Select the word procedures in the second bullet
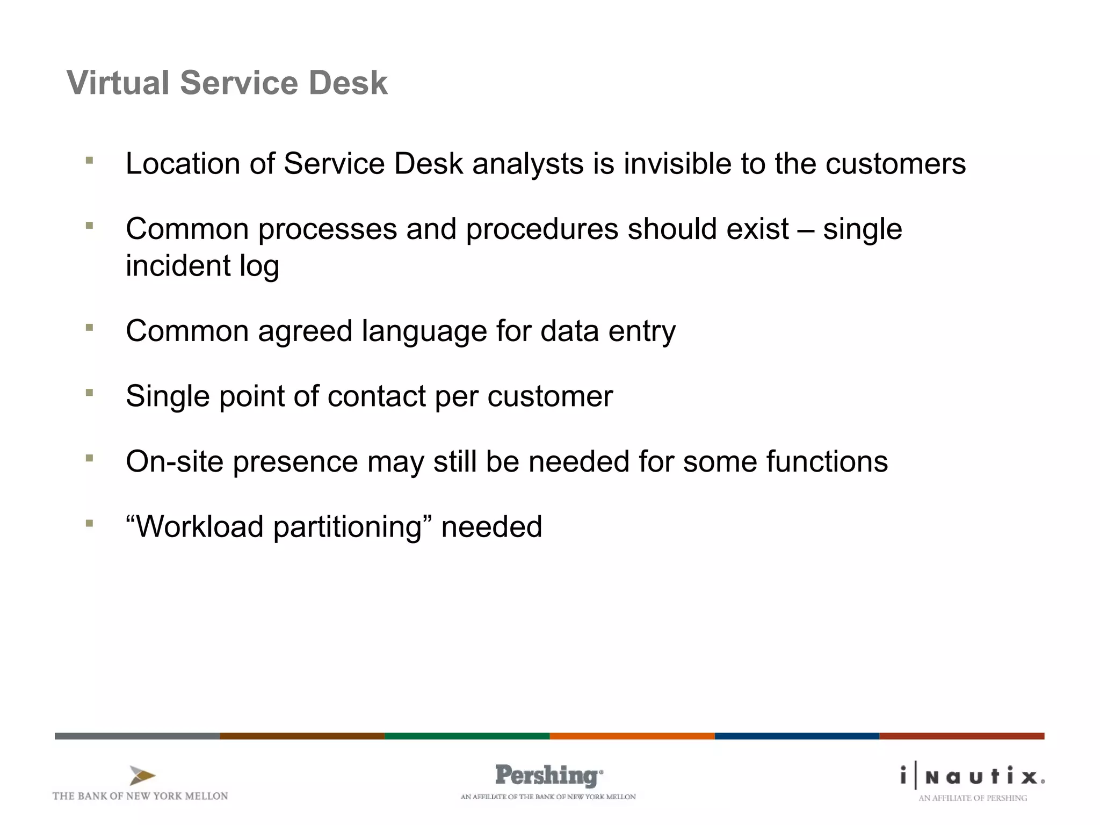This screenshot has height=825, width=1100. point(542,229)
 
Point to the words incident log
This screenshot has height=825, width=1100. point(202,266)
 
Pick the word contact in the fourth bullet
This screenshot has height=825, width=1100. point(376,396)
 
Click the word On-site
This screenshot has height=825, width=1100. point(175,462)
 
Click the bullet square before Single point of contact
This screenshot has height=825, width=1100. point(90,393)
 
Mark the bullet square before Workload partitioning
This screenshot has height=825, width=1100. point(90,523)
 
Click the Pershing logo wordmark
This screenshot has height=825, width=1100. point(548,776)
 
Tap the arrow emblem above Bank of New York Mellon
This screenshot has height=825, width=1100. point(142,776)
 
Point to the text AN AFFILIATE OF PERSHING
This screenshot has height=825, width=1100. point(972,798)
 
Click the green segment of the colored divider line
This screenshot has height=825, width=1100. point(467,736)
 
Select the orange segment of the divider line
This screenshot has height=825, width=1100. point(632,736)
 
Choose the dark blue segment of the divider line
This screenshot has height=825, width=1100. point(797,736)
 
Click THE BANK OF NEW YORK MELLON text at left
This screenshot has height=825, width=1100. point(140,796)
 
